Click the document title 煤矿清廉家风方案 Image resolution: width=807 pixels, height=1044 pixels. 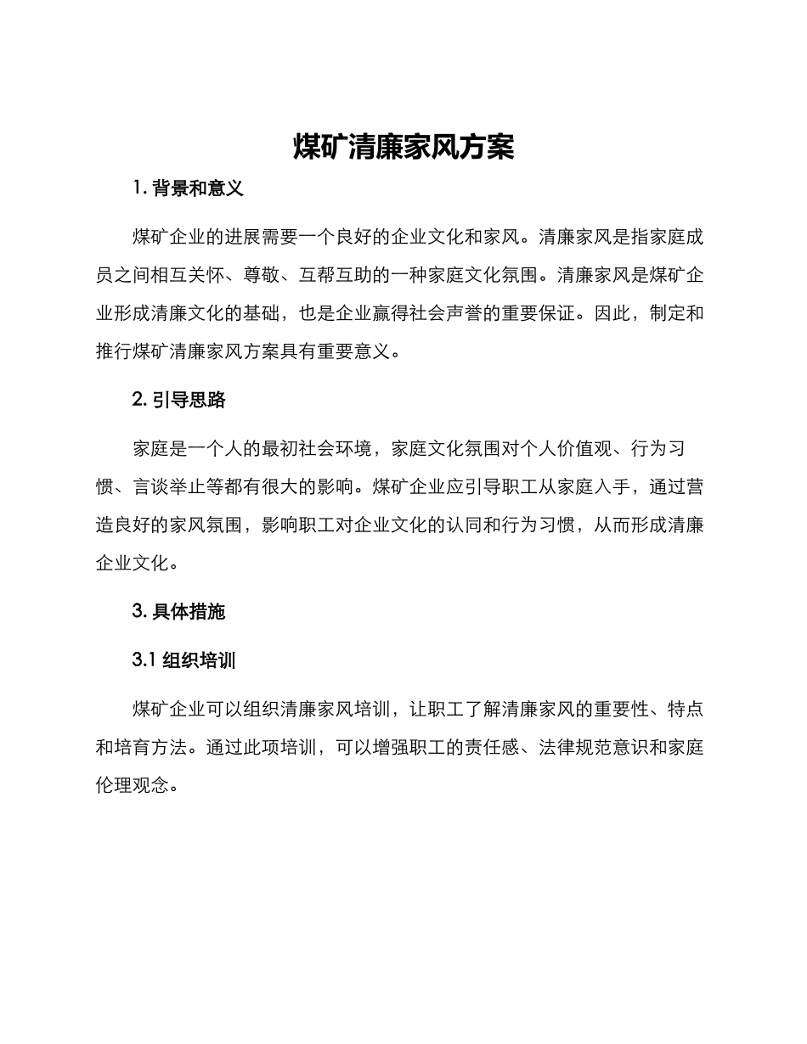click(403, 147)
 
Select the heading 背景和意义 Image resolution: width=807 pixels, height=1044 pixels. click(198, 189)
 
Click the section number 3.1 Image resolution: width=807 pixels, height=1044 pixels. click(144, 660)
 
